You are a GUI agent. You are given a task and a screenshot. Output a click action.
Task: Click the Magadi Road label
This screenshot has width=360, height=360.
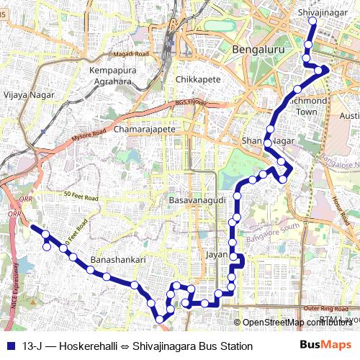[x=130, y=54]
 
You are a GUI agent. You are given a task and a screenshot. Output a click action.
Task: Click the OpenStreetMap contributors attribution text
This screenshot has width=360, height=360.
[x=297, y=323]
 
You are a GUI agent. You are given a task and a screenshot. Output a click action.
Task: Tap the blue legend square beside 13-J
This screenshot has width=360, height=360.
[x=9, y=346]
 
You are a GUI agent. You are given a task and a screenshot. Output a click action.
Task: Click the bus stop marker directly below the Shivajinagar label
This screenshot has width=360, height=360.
[x=312, y=21]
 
